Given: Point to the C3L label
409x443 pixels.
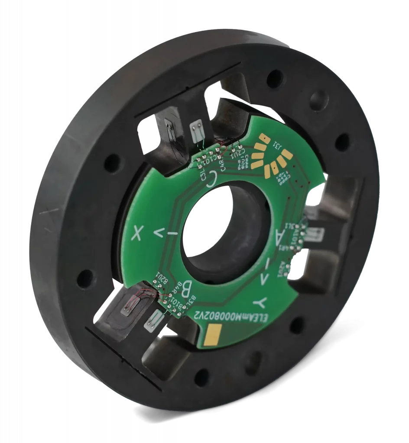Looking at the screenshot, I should [202, 174].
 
